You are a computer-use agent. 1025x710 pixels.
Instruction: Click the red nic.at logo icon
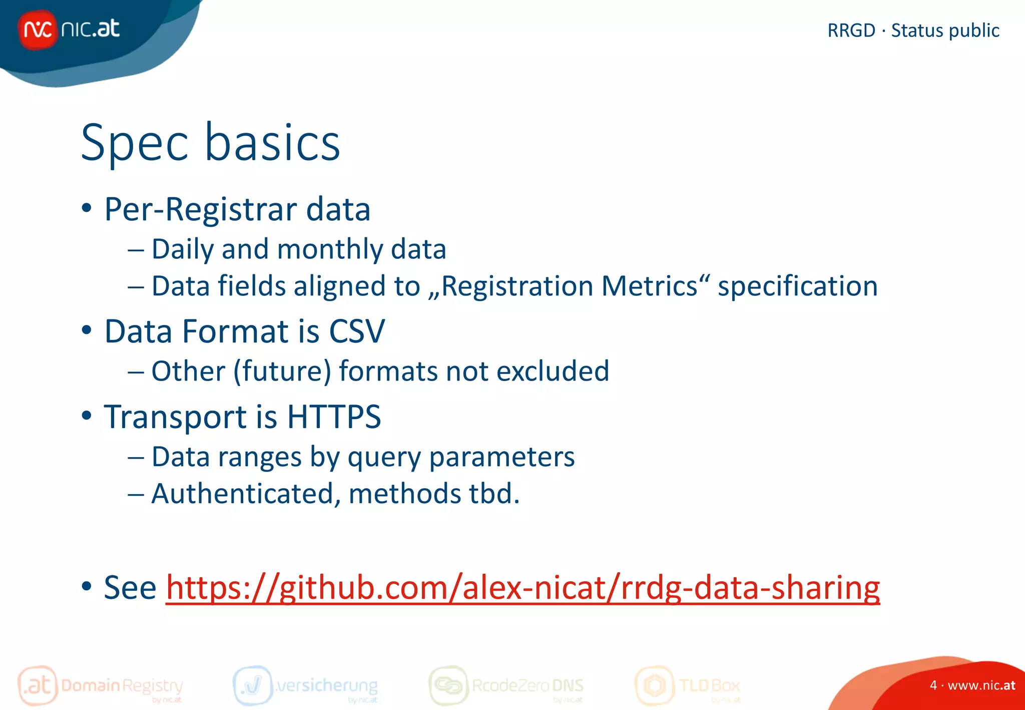[x=38, y=30]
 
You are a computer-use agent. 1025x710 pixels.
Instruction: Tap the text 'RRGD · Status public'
[x=913, y=31]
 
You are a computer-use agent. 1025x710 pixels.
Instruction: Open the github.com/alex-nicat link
[x=523, y=588]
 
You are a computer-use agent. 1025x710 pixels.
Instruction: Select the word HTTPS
[x=334, y=417]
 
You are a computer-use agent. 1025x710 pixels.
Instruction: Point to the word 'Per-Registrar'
[x=200, y=209]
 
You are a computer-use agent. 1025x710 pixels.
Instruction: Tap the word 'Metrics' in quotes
[x=649, y=286]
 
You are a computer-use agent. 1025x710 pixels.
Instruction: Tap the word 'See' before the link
[x=130, y=588]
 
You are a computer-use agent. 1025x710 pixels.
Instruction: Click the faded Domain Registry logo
[x=100, y=685]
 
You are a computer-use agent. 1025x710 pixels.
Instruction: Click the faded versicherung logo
[x=305, y=685]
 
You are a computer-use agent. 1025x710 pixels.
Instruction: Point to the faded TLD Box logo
[x=687, y=685]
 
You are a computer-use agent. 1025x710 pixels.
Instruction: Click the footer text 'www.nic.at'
[x=981, y=685]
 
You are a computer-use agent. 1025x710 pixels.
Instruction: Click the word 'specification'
[x=797, y=286]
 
